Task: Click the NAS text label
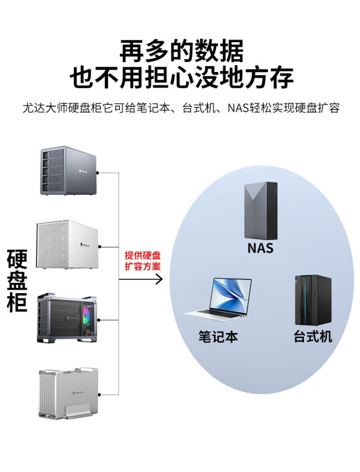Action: pyautogui.click(x=260, y=248)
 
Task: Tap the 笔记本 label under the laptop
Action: pyautogui.click(x=218, y=336)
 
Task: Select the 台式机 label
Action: pyautogui.click(x=313, y=336)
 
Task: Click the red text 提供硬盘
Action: pyautogui.click(x=143, y=255)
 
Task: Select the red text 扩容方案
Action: pyautogui.click(x=143, y=266)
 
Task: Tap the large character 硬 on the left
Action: pyautogui.click(x=18, y=259)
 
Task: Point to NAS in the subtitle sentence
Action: pyautogui.click(x=238, y=108)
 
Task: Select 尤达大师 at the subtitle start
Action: pyautogui.click(x=41, y=108)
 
